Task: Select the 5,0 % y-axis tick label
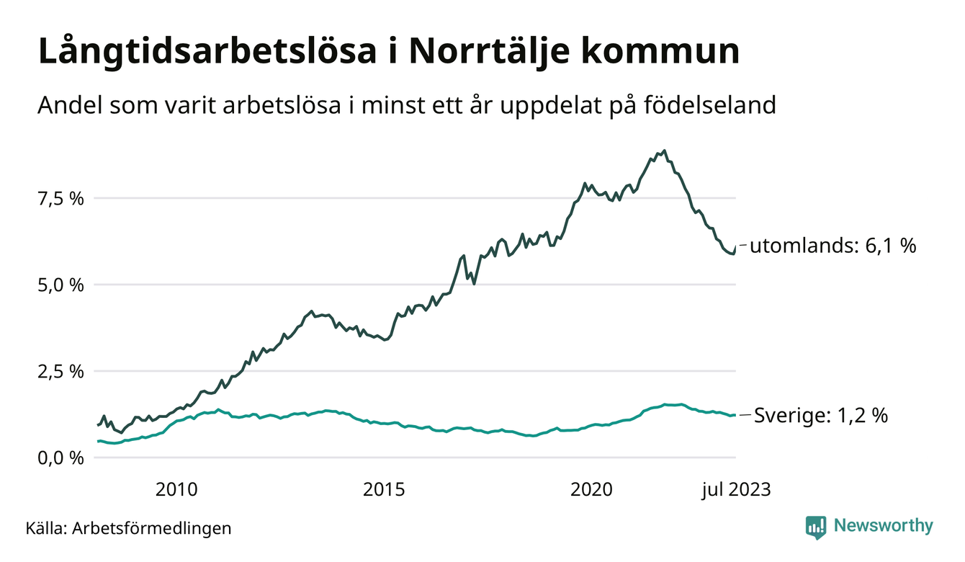[x=62, y=285]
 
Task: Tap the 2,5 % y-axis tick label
[x=62, y=371]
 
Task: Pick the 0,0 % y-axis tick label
[x=62, y=458]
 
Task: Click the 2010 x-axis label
[x=176, y=490]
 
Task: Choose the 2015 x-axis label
[x=383, y=490]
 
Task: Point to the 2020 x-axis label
[x=591, y=490]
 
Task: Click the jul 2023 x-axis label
[x=735, y=490]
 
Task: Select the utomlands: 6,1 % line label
[x=832, y=246]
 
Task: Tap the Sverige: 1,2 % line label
[x=820, y=416]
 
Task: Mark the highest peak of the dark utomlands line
[x=664, y=151]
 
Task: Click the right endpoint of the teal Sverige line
[x=735, y=415]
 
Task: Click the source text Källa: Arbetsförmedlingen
[x=129, y=528]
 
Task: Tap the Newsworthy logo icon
[x=816, y=527]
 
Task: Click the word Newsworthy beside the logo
[x=883, y=526]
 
